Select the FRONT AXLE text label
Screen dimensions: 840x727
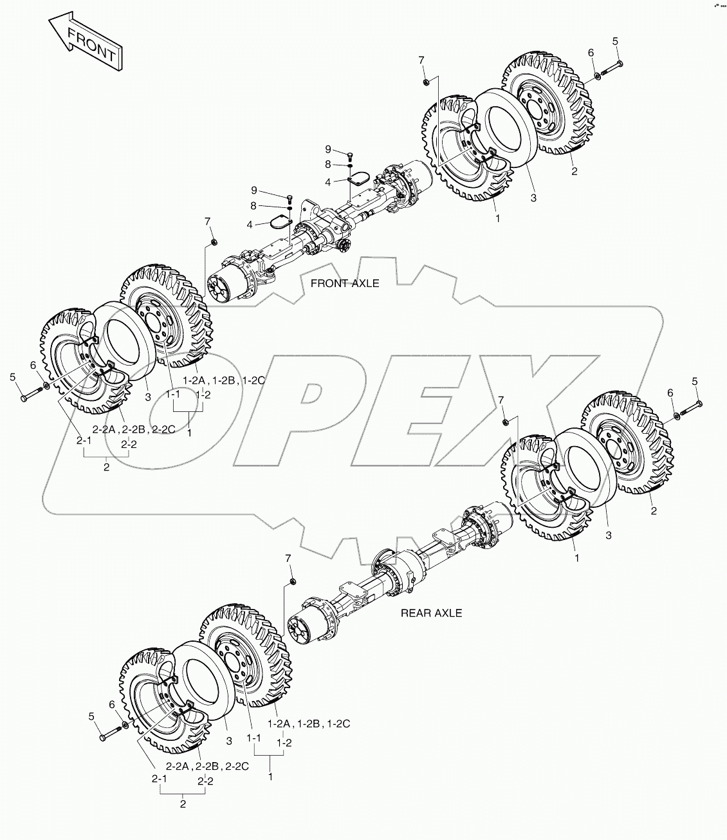345,283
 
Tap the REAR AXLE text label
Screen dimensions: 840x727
431,613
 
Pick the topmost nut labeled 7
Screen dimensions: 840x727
425,82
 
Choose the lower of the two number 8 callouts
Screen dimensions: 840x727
253,206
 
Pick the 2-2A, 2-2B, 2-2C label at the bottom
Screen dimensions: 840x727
207,767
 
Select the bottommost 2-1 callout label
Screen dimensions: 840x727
159,779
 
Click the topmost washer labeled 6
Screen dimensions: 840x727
598,75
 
